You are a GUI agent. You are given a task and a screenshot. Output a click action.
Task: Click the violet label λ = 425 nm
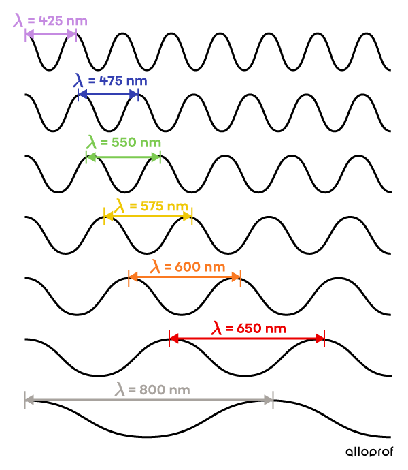click(x=50, y=21)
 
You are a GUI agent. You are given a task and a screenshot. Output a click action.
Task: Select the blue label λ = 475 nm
click(x=110, y=81)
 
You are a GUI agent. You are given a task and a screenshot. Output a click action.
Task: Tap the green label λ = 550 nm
click(x=124, y=142)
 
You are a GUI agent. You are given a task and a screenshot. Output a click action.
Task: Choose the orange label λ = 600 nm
click(x=188, y=267)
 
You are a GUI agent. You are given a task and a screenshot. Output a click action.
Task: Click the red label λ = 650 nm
click(x=248, y=328)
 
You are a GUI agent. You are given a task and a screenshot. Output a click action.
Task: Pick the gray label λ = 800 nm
click(x=152, y=390)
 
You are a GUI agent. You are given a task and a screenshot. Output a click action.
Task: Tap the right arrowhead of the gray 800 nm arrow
click(x=269, y=400)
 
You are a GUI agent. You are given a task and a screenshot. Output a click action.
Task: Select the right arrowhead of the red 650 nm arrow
click(x=320, y=339)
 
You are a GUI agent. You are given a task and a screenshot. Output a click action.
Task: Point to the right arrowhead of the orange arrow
click(x=236, y=277)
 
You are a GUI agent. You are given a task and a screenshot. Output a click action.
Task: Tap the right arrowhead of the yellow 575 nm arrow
click(x=188, y=216)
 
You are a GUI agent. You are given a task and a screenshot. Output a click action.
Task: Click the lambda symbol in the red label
click(x=217, y=328)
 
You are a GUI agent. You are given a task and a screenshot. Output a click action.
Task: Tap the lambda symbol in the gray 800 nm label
click(x=120, y=390)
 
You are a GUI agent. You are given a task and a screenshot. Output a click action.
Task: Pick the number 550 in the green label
click(x=124, y=142)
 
